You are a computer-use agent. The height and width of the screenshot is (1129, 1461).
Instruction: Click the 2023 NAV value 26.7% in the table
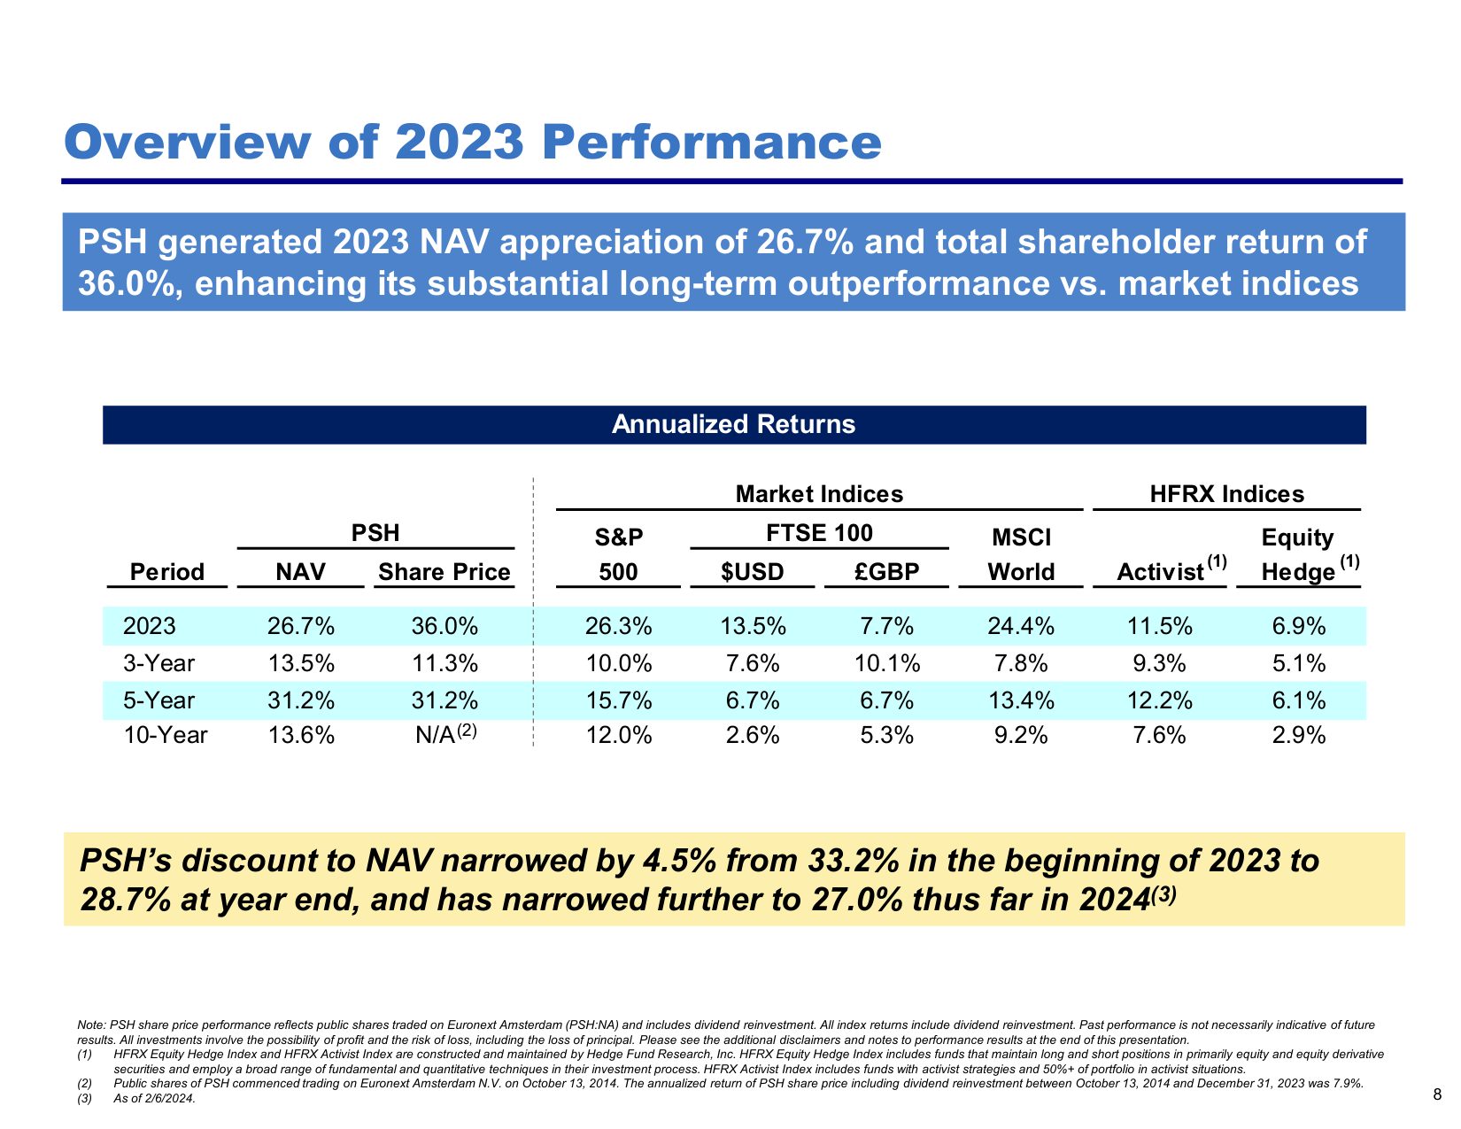coord(301,627)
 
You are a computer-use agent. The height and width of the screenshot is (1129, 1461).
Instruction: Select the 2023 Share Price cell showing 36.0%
coord(444,627)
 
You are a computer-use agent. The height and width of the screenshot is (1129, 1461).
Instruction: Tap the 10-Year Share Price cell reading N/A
coord(436,735)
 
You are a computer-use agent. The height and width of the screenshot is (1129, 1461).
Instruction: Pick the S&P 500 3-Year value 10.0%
coord(618,663)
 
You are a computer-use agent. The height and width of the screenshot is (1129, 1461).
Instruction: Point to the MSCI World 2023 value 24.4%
coord(1021,627)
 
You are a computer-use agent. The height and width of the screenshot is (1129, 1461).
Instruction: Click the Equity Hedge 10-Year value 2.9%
coord(1299,735)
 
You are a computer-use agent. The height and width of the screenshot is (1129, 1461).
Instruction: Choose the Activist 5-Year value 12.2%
coord(1159,700)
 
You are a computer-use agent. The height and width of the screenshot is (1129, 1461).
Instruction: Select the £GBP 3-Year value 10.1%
coord(887,663)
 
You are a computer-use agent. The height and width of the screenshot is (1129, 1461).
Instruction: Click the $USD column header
coord(752,572)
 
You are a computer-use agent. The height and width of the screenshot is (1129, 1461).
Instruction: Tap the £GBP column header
coord(887,572)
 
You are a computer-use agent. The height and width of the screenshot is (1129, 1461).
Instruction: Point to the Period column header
coord(166,572)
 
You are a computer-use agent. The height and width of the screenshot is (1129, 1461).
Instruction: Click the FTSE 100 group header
coord(819,533)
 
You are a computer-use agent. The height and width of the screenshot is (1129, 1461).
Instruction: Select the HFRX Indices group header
coord(1226,494)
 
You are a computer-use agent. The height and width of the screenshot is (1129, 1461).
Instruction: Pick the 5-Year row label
coord(158,700)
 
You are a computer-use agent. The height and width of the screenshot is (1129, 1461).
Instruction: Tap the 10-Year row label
coord(166,735)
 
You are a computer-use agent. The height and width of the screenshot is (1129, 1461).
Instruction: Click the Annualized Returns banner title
coord(733,424)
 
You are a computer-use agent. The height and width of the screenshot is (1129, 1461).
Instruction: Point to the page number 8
coord(1436,1094)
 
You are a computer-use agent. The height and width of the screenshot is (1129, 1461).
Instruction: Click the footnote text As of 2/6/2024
coord(154,1099)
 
